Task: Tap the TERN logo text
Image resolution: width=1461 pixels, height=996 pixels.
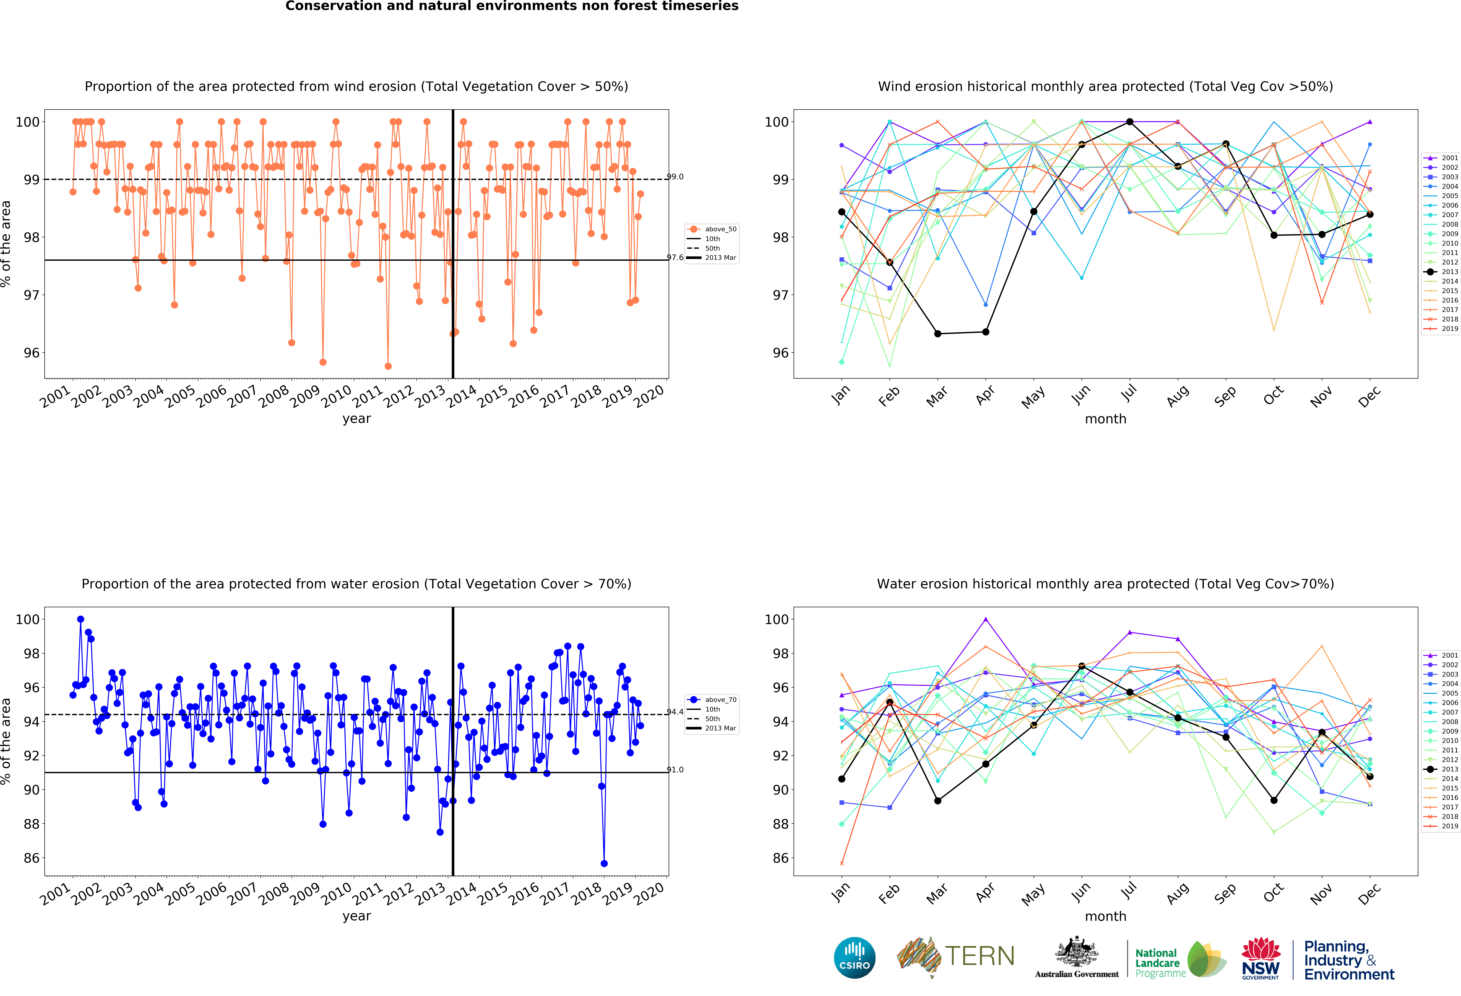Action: tap(980, 956)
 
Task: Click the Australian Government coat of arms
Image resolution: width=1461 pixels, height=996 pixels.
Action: tap(1077, 953)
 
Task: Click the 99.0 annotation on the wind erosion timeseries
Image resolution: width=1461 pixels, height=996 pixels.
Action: tap(675, 177)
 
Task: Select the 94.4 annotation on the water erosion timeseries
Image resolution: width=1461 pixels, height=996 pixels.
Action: tap(675, 712)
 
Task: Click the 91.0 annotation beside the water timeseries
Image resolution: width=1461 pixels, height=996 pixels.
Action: tap(675, 770)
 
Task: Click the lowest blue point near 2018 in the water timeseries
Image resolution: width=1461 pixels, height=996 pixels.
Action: tap(604, 863)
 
